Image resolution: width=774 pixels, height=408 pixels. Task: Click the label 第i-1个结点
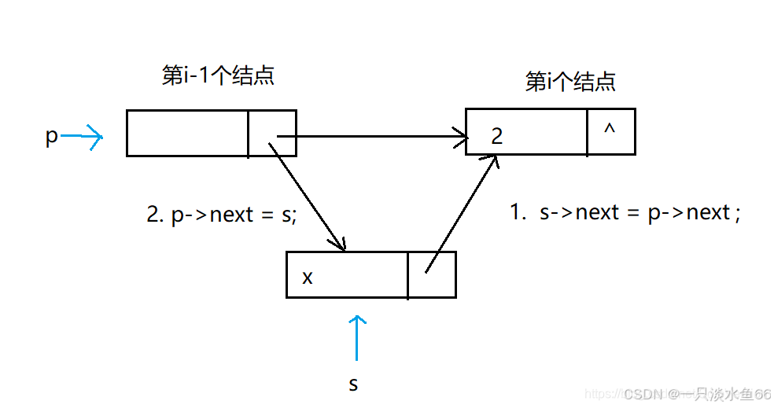(x=218, y=75)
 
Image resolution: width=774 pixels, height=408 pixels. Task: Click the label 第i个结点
(x=569, y=82)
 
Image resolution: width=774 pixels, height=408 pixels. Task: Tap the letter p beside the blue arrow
(x=52, y=137)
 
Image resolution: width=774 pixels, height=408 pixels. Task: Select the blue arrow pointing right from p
(x=83, y=139)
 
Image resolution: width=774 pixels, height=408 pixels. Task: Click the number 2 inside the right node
(x=496, y=137)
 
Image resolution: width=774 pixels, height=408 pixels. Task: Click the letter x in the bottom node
(x=308, y=278)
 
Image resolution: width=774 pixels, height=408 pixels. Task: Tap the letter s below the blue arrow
(x=353, y=384)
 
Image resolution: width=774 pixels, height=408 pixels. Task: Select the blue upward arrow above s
(x=358, y=337)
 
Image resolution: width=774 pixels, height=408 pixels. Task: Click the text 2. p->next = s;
(x=223, y=215)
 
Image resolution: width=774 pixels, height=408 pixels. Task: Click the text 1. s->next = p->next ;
(x=625, y=212)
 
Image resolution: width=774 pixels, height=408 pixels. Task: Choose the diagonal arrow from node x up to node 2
(x=462, y=212)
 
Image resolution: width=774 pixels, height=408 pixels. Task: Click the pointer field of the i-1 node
(x=272, y=133)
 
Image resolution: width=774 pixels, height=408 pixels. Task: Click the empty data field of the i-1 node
(x=187, y=133)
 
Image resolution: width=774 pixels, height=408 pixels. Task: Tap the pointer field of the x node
(x=432, y=275)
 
